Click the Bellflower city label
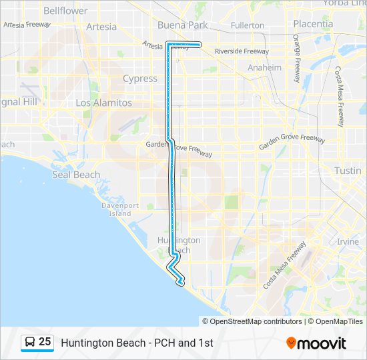[65, 11]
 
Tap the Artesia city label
[101, 27]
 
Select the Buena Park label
[182, 25]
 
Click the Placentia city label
[312, 23]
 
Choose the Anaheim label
[264, 67]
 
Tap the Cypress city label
[140, 79]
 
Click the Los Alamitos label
[103, 103]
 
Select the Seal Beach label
[76, 175]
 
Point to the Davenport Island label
[120, 209]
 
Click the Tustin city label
[348, 171]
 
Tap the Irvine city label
[348, 241]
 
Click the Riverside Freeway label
[242, 51]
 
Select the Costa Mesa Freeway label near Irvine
[284, 265]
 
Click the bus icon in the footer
[29, 343]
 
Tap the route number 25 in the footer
[45, 342]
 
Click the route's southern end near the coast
[180, 284]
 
